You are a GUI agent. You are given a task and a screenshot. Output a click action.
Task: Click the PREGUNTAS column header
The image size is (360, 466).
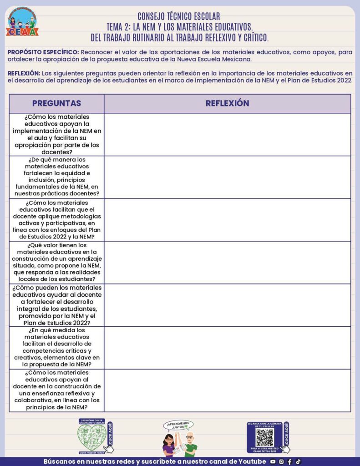click(56, 103)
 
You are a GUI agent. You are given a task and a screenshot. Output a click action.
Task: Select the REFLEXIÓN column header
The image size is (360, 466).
click(227, 103)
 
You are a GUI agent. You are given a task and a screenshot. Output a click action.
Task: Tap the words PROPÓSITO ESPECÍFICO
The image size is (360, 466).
click(43, 52)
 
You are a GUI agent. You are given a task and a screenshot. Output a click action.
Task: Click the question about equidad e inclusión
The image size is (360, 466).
click(57, 177)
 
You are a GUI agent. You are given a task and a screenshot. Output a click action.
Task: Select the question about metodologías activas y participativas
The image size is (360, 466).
click(57, 220)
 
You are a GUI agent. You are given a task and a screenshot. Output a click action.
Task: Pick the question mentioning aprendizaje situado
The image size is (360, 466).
click(57, 262)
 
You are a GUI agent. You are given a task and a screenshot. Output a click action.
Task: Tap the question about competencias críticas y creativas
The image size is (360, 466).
click(57, 347)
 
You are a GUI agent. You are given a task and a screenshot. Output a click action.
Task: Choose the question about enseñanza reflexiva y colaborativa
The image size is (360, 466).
click(57, 390)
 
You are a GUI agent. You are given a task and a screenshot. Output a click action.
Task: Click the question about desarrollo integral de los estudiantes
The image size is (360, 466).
click(57, 305)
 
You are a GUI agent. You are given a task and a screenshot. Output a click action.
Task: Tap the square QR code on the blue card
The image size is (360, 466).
click(264, 437)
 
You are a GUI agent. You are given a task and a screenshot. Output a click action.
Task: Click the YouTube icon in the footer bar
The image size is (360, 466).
click(273, 461)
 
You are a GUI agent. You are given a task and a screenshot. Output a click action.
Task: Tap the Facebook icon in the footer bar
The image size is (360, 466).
click(290, 461)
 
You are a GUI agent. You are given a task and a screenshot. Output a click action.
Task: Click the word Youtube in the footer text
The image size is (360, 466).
click(252, 461)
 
